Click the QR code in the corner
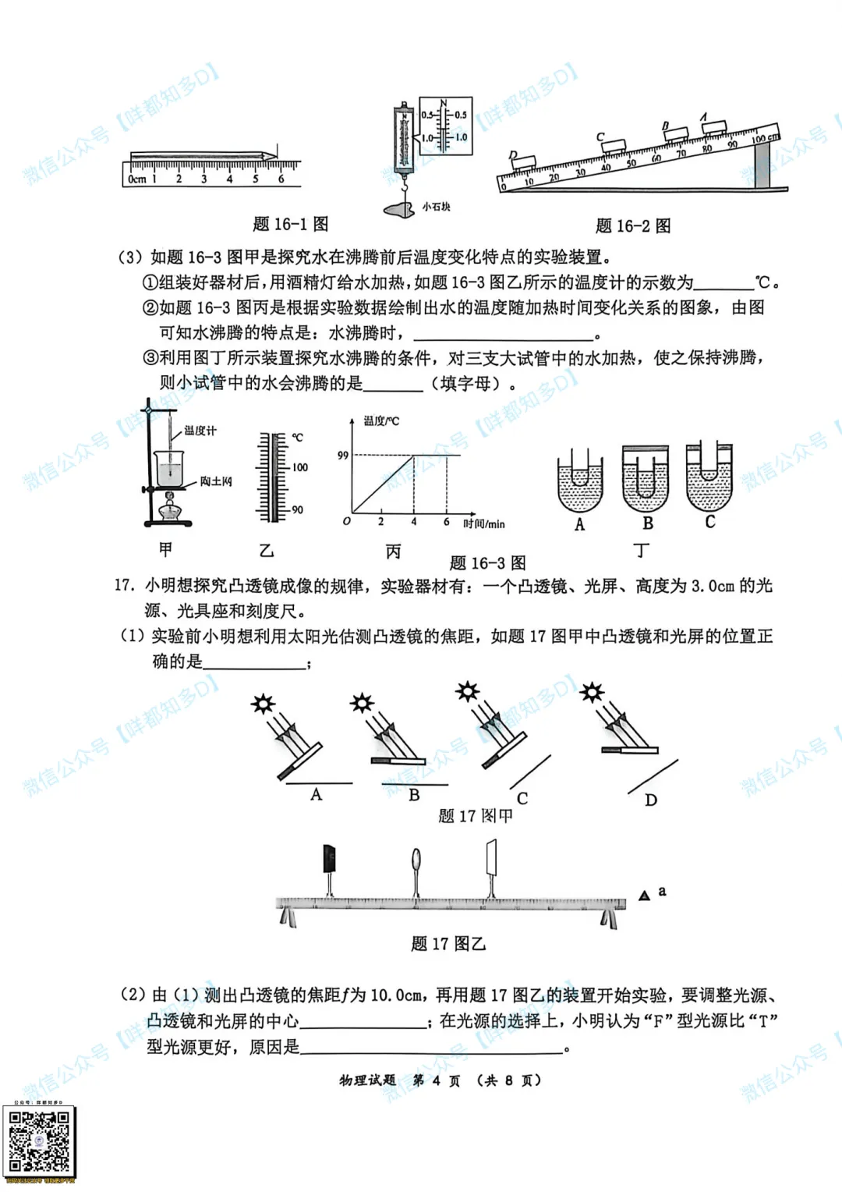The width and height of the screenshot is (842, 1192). (x=40, y=1141)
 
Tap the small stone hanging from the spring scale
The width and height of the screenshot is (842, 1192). (x=400, y=208)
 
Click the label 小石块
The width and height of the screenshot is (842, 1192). (x=437, y=207)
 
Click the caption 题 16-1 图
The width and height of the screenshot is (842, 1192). (x=290, y=225)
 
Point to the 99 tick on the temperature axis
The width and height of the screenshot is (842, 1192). (x=343, y=455)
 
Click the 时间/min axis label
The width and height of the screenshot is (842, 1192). (x=483, y=524)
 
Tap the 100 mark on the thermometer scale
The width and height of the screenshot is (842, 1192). (x=299, y=467)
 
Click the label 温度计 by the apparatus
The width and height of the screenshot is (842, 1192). (x=200, y=431)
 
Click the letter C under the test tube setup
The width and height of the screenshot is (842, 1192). (x=710, y=522)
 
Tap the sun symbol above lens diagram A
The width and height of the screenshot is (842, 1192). (x=264, y=704)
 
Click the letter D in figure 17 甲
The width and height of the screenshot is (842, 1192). (x=651, y=800)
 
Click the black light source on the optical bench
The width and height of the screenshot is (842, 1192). (x=329, y=858)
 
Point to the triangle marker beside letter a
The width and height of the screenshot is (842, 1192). (x=644, y=896)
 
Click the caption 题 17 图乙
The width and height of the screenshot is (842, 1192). (x=448, y=944)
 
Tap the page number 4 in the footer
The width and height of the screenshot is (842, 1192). (x=437, y=1080)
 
